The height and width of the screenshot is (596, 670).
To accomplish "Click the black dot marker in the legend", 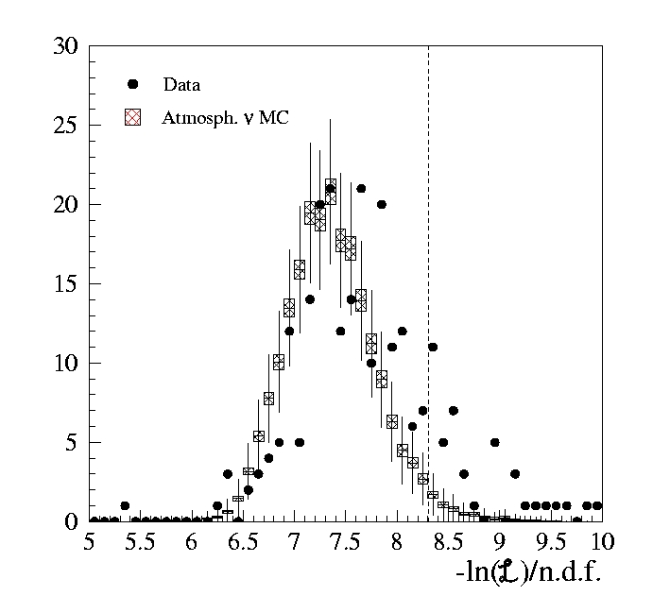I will pos(133,85).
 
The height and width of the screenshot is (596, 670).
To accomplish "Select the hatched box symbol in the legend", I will pos(133,117).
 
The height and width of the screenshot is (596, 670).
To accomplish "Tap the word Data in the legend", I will pos(181,85).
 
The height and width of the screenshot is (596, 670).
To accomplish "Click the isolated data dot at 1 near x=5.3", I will pos(125,505).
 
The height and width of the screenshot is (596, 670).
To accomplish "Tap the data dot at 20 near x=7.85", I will pos(382,204).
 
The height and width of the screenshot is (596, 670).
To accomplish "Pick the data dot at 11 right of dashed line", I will pos(433,347).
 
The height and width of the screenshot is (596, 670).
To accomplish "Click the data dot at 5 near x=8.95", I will pos(494,442).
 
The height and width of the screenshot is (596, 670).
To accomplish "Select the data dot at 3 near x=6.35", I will pos(228,474).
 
